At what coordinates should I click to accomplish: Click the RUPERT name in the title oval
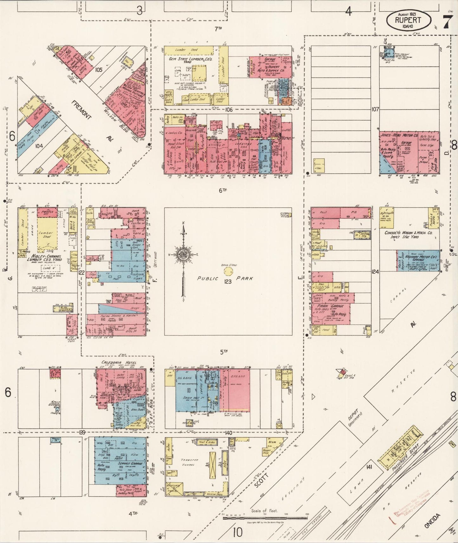tap(408, 20)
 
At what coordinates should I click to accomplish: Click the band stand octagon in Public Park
tap(228, 271)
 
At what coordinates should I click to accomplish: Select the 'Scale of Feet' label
tap(265, 510)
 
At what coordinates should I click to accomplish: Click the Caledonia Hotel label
tap(119, 362)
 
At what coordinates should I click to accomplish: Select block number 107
tap(375, 109)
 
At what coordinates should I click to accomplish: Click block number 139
tap(83, 432)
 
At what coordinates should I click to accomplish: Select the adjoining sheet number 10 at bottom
tap(238, 532)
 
